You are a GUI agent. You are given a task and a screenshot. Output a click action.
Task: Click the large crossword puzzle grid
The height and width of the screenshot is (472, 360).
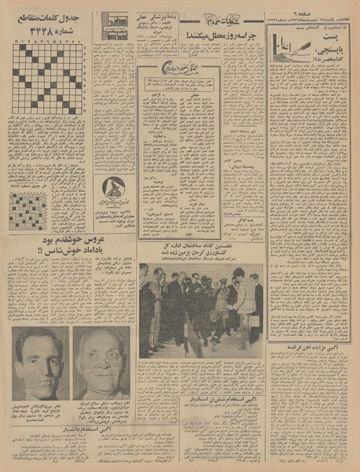(x=47, y=79)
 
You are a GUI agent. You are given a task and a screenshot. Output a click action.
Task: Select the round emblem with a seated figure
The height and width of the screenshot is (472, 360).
(x=113, y=189)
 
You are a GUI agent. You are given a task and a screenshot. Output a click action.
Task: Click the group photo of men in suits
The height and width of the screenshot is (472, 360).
(x=201, y=311)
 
